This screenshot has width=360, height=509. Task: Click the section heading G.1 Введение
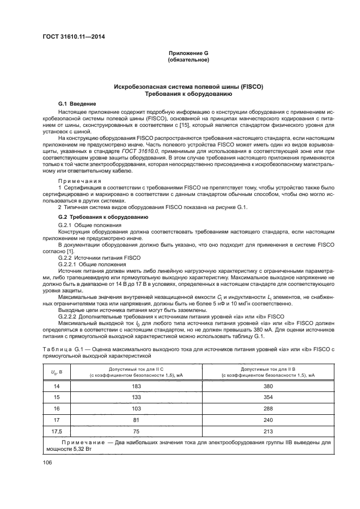click(77, 103)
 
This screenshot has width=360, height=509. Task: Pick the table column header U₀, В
click(56, 371)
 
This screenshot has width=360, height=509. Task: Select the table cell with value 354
click(266, 398)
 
